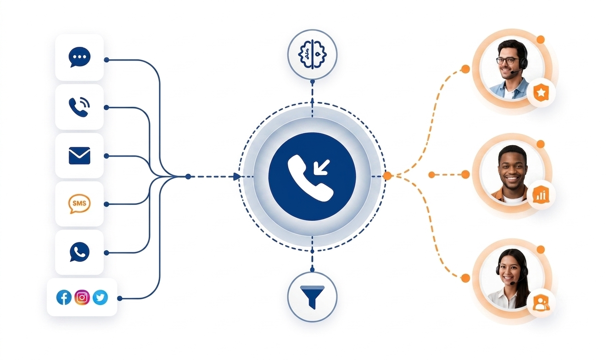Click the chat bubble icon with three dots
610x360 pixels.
pyautogui.click(x=79, y=57)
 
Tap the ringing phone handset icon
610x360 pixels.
pyautogui.click(x=79, y=107)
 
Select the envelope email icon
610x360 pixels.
pyautogui.click(x=79, y=156)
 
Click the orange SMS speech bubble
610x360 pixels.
pyautogui.click(x=79, y=203)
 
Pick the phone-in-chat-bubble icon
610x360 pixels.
pyautogui.click(x=79, y=252)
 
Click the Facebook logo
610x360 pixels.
pyautogui.click(x=64, y=297)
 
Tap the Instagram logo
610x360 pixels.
pyautogui.click(x=82, y=297)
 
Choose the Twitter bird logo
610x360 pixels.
pyautogui.click(x=100, y=297)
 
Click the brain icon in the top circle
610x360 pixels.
pyautogui.click(x=313, y=54)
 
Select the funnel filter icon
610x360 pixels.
pyautogui.click(x=313, y=297)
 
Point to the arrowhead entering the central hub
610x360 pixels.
pyautogui.click(x=237, y=177)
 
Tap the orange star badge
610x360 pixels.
pyautogui.click(x=541, y=93)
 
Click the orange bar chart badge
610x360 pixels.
pyautogui.click(x=541, y=195)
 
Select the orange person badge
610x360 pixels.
pyautogui.click(x=541, y=303)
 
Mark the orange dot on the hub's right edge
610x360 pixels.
pyautogui.click(x=387, y=176)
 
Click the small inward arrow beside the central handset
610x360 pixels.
pyautogui.click(x=322, y=167)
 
